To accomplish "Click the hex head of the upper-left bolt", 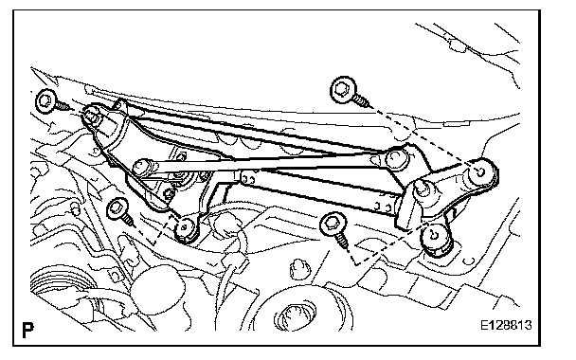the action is click(x=46, y=100).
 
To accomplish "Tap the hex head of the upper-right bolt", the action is click(x=344, y=90).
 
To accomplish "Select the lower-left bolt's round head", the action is click(x=117, y=209).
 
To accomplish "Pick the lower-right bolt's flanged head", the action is click(x=333, y=225).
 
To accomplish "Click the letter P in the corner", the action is click(x=27, y=330).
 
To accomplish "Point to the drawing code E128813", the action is click(x=506, y=325).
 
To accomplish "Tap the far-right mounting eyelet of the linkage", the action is click(x=481, y=171).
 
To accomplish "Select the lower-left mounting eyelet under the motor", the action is click(x=186, y=228).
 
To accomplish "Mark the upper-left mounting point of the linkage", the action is click(x=92, y=117).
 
